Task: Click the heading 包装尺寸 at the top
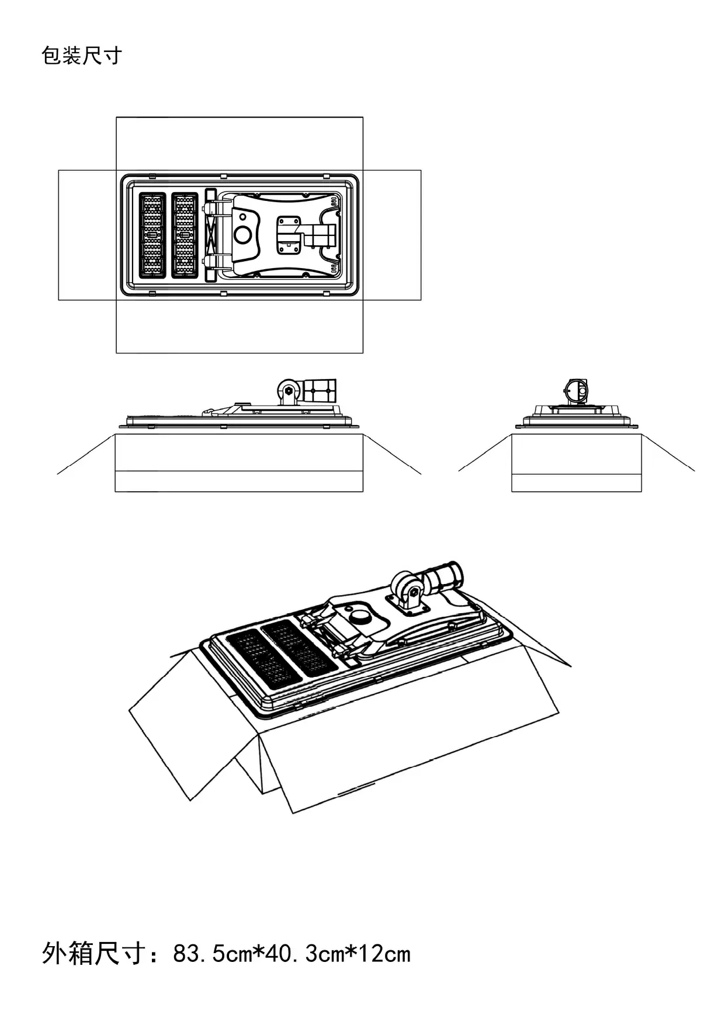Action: (81, 56)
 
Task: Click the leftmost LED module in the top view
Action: (152, 235)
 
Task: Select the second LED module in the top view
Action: (185, 235)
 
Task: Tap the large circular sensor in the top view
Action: (242, 235)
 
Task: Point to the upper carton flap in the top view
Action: (240, 143)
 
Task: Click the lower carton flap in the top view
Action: (240, 327)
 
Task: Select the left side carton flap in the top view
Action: (87, 235)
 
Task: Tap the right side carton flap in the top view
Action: (391, 235)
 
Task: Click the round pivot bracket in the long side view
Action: (287, 390)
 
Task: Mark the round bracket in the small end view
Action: (576, 390)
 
